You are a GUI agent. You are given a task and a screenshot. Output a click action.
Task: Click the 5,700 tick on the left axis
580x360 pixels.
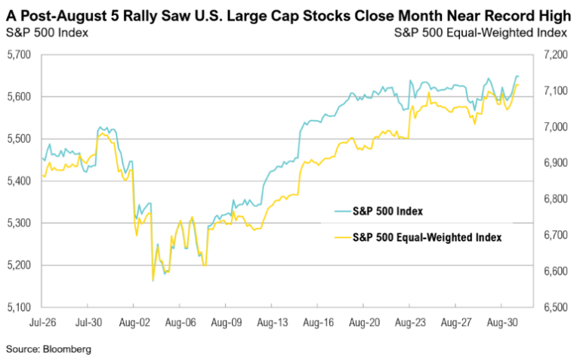(x=19, y=55)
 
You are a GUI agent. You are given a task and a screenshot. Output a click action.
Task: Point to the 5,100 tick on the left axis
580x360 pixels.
(x=19, y=307)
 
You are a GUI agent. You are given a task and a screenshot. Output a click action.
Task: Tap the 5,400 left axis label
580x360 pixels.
(x=19, y=181)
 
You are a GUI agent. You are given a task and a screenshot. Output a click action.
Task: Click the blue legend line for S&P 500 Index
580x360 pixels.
(x=340, y=211)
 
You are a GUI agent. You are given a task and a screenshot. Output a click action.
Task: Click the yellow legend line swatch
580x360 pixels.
(x=340, y=236)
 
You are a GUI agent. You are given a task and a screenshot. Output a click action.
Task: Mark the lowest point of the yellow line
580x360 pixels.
(x=153, y=281)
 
